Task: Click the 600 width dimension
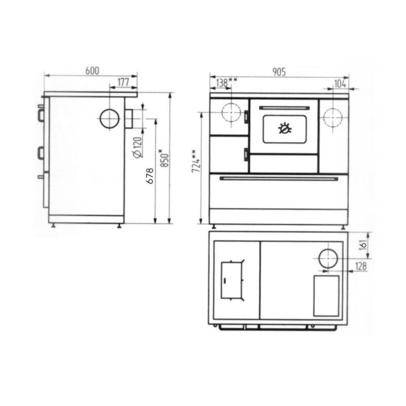coord(92,71)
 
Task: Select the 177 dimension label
coord(123,82)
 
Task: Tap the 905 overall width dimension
coord(279,72)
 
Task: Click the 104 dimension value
coord(340,84)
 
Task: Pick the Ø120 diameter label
coord(137,147)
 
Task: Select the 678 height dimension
coord(150,176)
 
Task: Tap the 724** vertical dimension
coord(196,161)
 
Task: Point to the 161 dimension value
coord(363,245)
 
